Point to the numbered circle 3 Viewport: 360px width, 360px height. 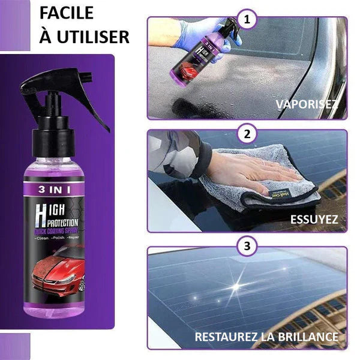point(245,246)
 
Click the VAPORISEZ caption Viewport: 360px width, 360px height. point(307,104)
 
